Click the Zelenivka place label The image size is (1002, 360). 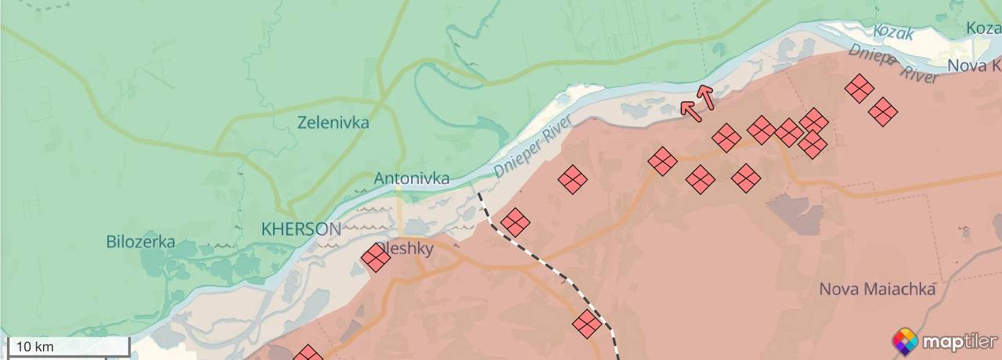(x=333, y=123)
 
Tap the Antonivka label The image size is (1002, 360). (x=412, y=178)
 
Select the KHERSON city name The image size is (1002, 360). (x=301, y=229)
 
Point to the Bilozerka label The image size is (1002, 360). (x=141, y=242)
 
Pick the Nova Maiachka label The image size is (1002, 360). (x=877, y=290)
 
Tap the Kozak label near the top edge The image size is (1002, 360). (x=893, y=33)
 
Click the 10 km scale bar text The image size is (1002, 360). (x=34, y=347)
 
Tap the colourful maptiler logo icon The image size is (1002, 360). (x=905, y=342)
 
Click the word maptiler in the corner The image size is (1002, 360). (x=959, y=342)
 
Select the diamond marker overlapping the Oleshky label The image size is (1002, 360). (x=376, y=257)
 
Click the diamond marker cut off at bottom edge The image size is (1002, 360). (x=308, y=355)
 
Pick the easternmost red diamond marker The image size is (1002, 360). (x=883, y=112)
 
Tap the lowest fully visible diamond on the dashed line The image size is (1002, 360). (x=587, y=323)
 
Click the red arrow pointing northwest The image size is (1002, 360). (x=690, y=110)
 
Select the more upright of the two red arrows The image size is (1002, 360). (x=706, y=96)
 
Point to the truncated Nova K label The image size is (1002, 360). (x=975, y=66)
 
